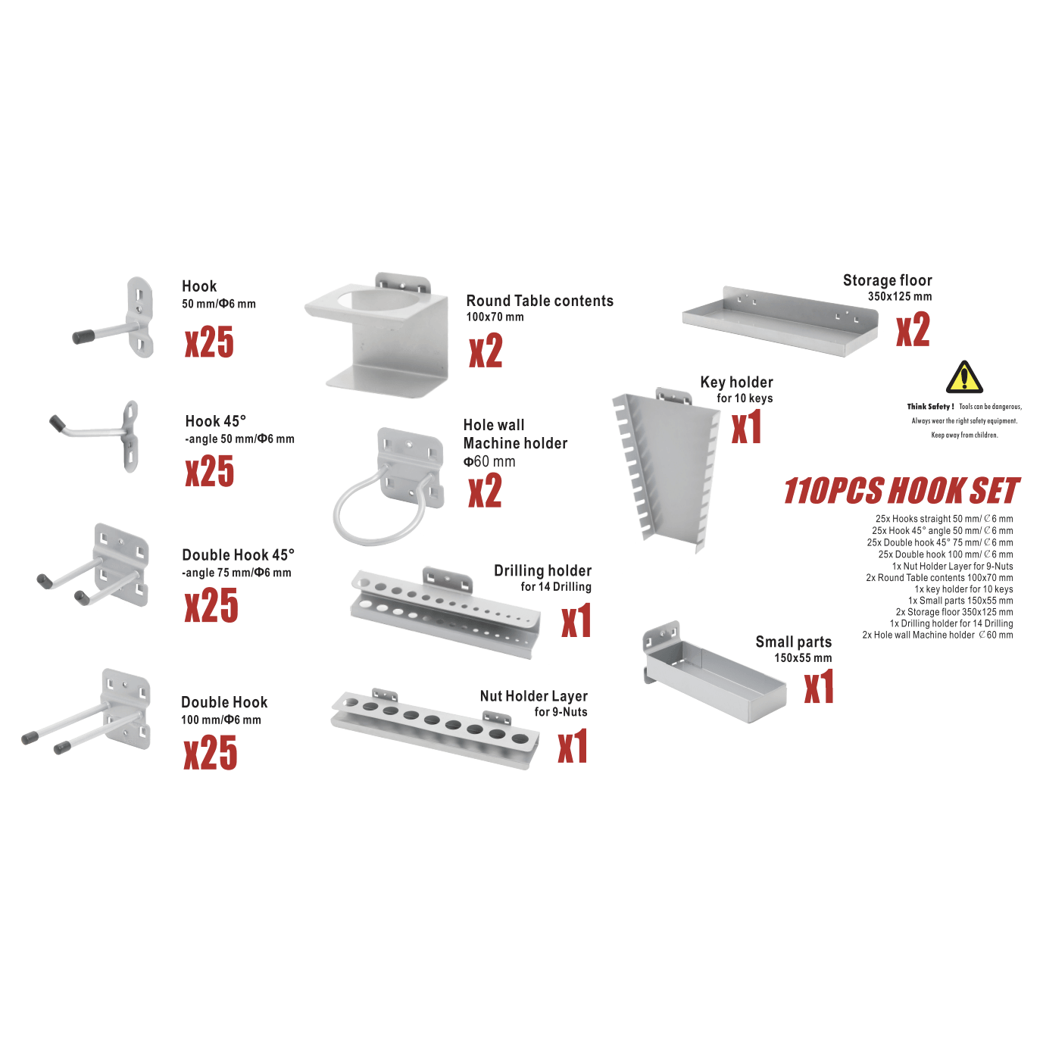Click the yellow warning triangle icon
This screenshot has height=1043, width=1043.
pyautogui.click(x=964, y=377)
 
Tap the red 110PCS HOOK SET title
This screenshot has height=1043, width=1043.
pyautogui.click(x=901, y=491)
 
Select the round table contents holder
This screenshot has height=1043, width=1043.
pyautogui.click(x=377, y=335)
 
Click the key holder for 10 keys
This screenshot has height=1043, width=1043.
pyautogui.click(x=667, y=470)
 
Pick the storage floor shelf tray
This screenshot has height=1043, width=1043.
pyautogui.click(x=780, y=321)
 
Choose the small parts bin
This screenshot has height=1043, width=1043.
pyautogui.click(x=714, y=673)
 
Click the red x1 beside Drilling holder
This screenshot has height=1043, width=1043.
pyautogui.click(x=576, y=621)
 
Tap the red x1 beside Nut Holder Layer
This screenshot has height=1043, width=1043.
pyautogui.click(x=573, y=746)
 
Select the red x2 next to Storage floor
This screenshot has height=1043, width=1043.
pyautogui.click(x=913, y=329)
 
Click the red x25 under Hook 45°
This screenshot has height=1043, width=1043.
pyautogui.click(x=210, y=471)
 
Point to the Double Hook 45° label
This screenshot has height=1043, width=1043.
pyautogui.click(x=238, y=554)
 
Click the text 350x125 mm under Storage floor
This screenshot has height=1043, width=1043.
pyautogui.click(x=900, y=297)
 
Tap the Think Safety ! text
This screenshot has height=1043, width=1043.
pyautogui.click(x=930, y=407)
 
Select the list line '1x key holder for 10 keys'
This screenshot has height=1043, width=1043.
pyautogui.click(x=963, y=589)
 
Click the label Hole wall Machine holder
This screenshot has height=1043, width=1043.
pyautogui.click(x=515, y=434)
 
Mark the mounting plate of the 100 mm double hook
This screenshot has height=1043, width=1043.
pyautogui.click(x=126, y=708)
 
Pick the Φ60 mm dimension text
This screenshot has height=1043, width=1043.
pyautogui.click(x=489, y=462)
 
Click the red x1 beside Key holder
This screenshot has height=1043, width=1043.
pyautogui.click(x=746, y=426)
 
